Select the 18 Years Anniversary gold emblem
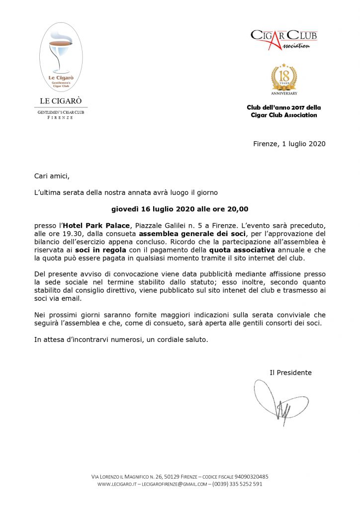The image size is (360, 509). click(284, 79)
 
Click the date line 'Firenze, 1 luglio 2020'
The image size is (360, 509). click(289, 144)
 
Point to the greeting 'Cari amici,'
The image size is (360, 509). click(52, 176)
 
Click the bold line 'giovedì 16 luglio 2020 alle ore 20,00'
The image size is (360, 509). click(180, 209)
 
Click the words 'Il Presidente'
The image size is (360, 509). click(290, 372)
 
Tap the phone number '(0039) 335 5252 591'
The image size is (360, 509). click(237, 484)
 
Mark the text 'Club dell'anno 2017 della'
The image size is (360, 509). click(284, 107)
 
